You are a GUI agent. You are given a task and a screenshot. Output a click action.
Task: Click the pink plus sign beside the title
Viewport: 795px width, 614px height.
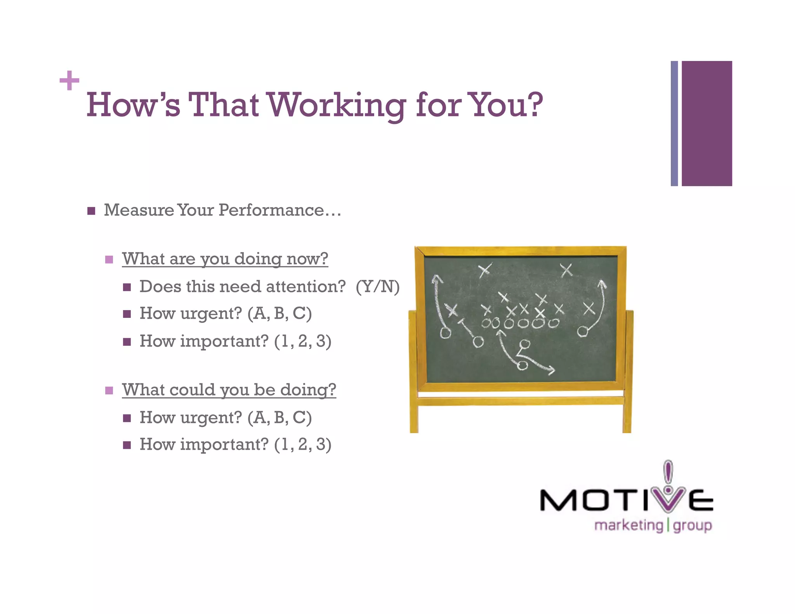pos(69,80)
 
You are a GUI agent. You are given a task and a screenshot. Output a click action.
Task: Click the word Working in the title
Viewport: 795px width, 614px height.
pos(337,106)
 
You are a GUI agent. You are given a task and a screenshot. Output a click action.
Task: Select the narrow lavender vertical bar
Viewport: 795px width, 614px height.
pos(674,123)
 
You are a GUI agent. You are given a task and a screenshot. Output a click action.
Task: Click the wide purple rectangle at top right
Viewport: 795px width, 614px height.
pos(707,123)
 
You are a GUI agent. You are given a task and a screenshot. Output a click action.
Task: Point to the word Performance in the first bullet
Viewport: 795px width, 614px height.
pos(271,210)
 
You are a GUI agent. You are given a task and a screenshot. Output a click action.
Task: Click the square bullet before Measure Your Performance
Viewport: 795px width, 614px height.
pos(91,211)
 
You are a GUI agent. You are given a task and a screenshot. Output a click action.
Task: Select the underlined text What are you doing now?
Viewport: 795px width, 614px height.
pos(225,258)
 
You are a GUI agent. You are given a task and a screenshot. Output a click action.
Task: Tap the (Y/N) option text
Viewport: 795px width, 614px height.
pos(378,287)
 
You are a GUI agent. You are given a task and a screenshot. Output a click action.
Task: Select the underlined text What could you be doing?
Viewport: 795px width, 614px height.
pos(229,390)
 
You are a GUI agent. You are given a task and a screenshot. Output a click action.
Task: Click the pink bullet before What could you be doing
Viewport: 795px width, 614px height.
pos(109,390)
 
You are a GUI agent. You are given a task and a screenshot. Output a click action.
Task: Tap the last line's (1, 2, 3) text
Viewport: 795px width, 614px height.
pos(303,445)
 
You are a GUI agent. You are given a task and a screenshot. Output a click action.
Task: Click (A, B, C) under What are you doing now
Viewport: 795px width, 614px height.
pos(279,314)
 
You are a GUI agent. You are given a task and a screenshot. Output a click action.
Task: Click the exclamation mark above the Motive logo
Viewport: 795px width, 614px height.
pos(668,471)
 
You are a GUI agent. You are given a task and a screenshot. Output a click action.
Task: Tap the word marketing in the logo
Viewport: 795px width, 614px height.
pos(628,526)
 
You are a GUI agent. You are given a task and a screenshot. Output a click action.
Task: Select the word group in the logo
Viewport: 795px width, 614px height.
pos(692,526)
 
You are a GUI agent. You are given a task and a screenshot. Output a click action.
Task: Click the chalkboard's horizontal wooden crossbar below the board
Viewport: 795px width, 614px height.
pos(520,401)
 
